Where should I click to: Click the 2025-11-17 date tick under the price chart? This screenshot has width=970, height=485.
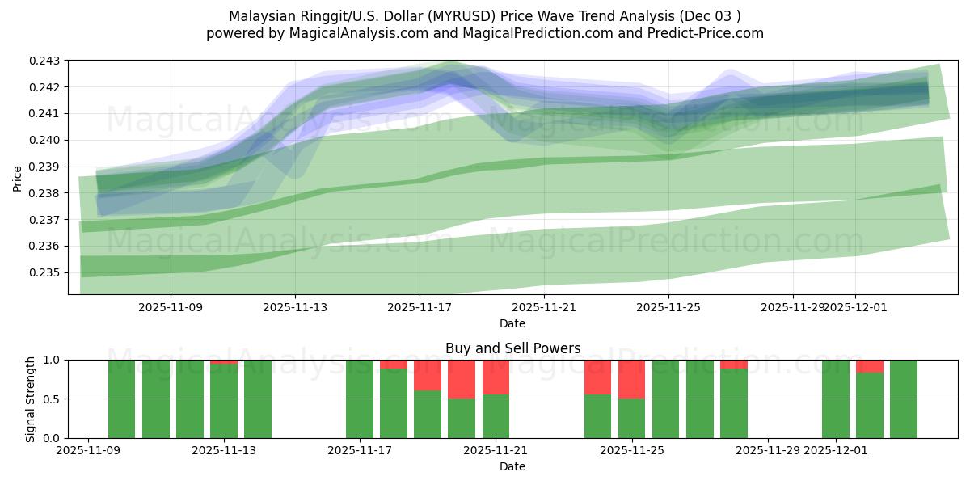coord(419,307)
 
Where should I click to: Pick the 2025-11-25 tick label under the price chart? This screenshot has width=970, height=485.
coord(668,307)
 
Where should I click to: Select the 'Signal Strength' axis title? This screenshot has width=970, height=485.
coord(30,399)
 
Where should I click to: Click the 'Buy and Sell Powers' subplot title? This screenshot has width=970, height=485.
coord(512,348)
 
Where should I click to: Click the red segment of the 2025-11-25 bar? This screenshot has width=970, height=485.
coord(631,379)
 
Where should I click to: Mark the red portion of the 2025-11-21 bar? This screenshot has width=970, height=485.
coord(496,377)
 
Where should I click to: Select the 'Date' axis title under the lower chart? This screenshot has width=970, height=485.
coord(512,466)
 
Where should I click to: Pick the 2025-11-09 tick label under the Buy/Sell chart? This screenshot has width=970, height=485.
coord(87,451)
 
